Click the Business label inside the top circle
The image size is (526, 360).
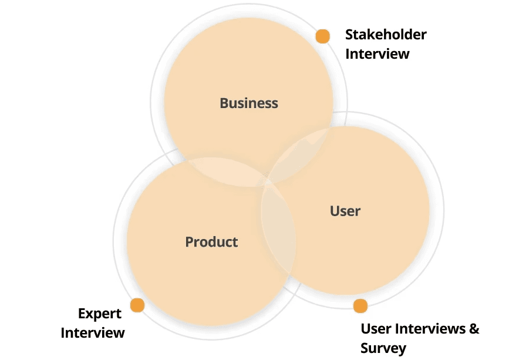click(249, 103)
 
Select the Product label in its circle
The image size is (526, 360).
click(211, 241)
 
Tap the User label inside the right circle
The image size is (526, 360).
click(345, 211)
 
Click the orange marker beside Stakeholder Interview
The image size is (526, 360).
click(322, 36)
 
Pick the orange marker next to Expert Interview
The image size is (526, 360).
click(137, 305)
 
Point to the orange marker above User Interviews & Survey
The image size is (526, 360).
click(360, 306)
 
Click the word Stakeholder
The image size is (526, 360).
click(386, 35)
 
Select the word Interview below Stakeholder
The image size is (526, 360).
click(377, 54)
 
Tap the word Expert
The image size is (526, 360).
click(100, 314)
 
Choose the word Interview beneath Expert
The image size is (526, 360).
click(93, 333)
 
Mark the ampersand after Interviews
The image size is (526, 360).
click(474, 328)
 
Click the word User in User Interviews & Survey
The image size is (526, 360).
click(376, 328)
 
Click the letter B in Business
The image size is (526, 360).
click(224, 103)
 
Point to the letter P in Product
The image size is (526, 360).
click(190, 241)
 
